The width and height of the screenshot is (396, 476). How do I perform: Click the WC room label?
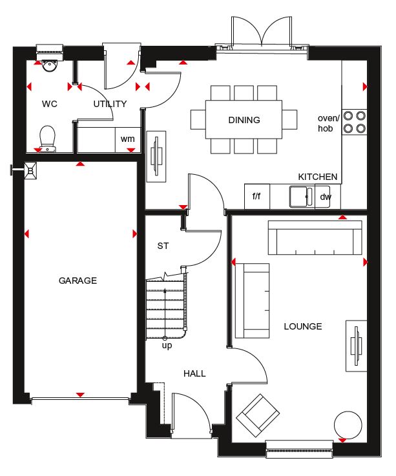point(50,104)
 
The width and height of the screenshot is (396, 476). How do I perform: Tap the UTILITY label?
point(110,104)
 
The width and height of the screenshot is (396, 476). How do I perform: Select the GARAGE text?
point(78,281)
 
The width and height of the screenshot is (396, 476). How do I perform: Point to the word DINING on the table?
point(244,120)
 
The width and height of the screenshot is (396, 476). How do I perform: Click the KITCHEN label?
point(318,177)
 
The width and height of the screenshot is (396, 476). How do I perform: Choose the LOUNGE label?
point(303,326)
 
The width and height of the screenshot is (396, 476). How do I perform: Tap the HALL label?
point(194,373)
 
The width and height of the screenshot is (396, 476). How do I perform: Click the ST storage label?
point(163,246)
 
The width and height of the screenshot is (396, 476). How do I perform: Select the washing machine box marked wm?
point(128,140)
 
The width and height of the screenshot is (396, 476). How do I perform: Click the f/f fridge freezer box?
point(257,197)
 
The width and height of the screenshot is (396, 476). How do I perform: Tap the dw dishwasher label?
point(326,197)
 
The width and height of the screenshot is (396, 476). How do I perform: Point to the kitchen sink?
point(301,197)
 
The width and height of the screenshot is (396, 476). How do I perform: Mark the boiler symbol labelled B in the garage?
point(31,171)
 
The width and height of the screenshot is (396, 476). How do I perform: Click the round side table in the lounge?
point(348,425)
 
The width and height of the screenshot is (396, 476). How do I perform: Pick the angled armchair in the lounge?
point(258,415)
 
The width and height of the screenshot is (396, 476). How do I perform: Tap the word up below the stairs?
point(167,346)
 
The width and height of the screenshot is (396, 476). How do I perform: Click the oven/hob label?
point(328,123)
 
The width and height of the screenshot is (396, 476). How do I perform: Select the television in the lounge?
point(357,346)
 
